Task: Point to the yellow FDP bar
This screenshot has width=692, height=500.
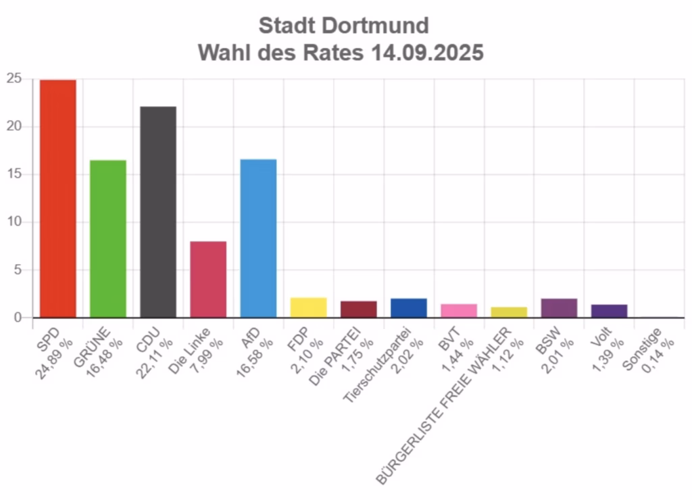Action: click(308, 307)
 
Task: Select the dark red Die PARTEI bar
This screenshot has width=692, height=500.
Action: click(358, 309)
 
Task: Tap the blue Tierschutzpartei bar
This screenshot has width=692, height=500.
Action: click(408, 307)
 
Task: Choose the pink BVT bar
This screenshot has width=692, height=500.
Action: click(459, 310)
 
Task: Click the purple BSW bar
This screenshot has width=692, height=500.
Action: click(559, 307)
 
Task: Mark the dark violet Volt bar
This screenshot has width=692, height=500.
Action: click(609, 310)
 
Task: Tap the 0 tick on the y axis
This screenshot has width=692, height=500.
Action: click(19, 318)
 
